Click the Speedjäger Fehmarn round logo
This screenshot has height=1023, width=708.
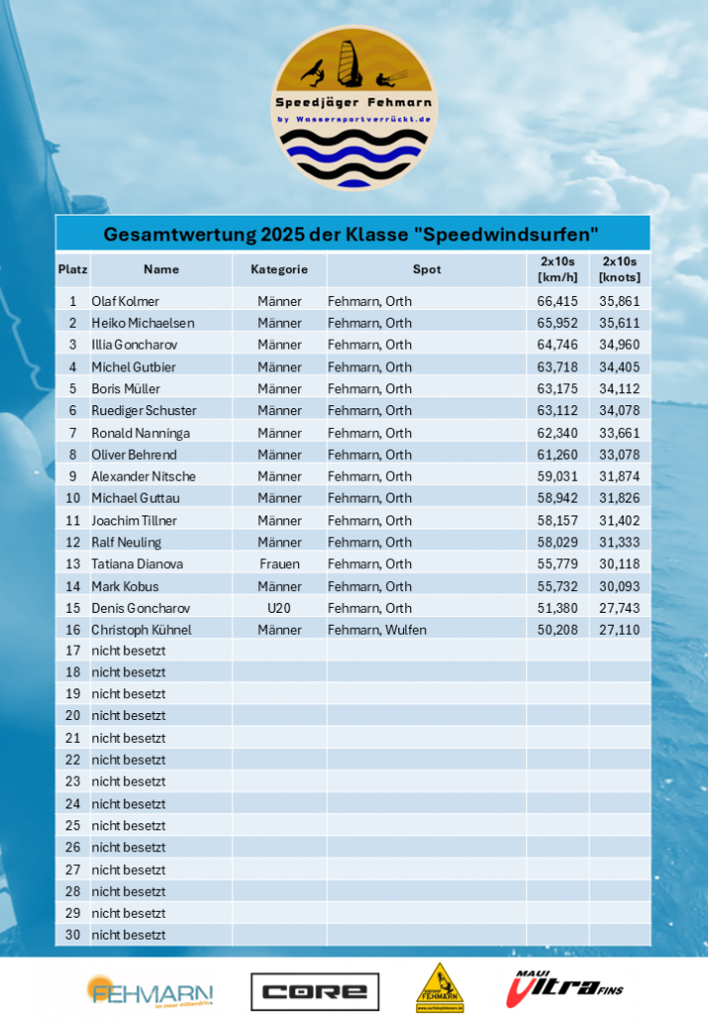(354, 107)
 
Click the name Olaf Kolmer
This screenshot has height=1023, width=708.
(125, 301)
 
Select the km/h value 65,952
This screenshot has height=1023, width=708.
(557, 323)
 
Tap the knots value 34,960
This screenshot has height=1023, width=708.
(620, 345)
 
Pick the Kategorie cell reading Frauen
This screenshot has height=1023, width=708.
(279, 564)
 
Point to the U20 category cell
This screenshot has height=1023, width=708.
(279, 608)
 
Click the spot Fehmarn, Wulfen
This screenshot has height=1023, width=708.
(377, 630)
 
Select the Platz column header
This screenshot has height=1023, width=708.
(72, 269)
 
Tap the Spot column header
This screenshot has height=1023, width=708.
(427, 269)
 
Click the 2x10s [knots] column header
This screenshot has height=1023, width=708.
(620, 269)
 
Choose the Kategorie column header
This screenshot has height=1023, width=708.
(279, 269)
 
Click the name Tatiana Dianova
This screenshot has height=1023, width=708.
(137, 564)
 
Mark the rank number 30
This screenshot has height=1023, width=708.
(72, 935)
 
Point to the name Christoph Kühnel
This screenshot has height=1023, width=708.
(141, 630)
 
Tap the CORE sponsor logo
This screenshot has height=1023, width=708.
(315, 990)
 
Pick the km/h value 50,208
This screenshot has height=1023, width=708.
(557, 630)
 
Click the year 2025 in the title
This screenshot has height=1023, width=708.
(289, 235)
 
